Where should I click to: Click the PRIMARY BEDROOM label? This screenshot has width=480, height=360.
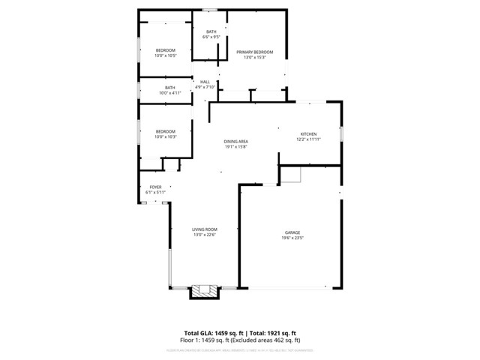pos(255,52)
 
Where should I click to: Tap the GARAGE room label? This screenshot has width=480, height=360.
pos(292,232)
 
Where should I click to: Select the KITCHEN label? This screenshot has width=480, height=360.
pos(309,133)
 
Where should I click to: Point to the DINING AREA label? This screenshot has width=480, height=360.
pos(235,141)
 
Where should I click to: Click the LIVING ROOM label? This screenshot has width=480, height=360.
pos(204,229)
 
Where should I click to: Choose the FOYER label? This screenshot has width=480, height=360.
pos(155,187)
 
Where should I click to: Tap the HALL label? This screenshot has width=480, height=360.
pos(205,82)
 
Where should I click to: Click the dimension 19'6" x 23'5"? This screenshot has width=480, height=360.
pos(292,238)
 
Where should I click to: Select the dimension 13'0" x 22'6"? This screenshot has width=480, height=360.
pos(204,235)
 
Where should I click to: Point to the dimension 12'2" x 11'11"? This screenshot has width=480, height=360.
pos(309,139)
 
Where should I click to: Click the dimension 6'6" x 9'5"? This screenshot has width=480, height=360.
pos(211,37)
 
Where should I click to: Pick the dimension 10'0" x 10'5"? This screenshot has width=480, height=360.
pos(166,55)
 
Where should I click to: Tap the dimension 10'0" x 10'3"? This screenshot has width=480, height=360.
pos(166,136)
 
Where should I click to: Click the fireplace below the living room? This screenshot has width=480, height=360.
pos(203,291)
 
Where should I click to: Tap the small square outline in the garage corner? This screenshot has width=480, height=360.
pos(291,174)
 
